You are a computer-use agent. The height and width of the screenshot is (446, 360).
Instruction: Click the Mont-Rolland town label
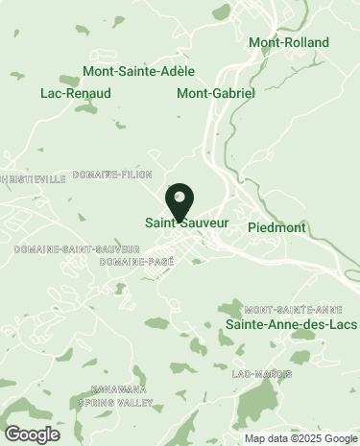pyautogui.click(x=288, y=42)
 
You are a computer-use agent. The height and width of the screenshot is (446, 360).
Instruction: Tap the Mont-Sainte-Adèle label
pyautogui.click(x=139, y=71)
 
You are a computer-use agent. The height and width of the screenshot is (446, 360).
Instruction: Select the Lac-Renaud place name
pyautogui.click(x=76, y=93)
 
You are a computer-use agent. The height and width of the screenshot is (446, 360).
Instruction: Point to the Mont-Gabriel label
pyautogui.click(x=216, y=93)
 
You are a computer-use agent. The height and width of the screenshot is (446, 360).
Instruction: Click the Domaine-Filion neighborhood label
pyautogui.click(x=126, y=175)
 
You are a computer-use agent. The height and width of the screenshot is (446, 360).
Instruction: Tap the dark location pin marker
pyautogui.click(x=180, y=202)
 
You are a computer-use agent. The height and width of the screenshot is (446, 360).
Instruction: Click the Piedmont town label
pyautogui.click(x=276, y=227)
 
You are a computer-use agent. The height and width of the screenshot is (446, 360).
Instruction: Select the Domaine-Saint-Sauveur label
pyautogui.click(x=62, y=249)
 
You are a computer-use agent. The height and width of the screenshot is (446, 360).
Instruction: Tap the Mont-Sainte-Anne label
pyautogui.click(x=294, y=310)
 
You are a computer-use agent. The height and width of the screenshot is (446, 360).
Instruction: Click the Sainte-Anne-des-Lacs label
pyautogui.click(x=291, y=325)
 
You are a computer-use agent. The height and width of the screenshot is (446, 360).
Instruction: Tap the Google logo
pyautogui.click(x=32, y=434)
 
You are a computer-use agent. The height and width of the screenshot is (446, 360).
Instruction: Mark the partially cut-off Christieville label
pyautogui.click(x=34, y=178)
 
